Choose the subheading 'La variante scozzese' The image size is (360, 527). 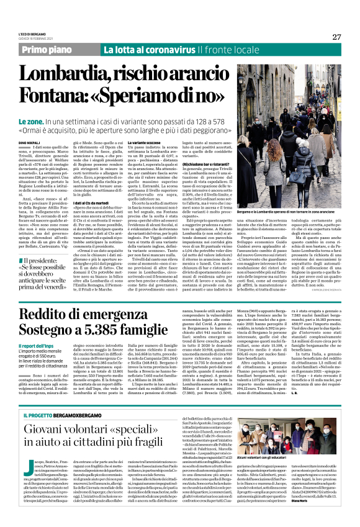click(164, 142)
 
